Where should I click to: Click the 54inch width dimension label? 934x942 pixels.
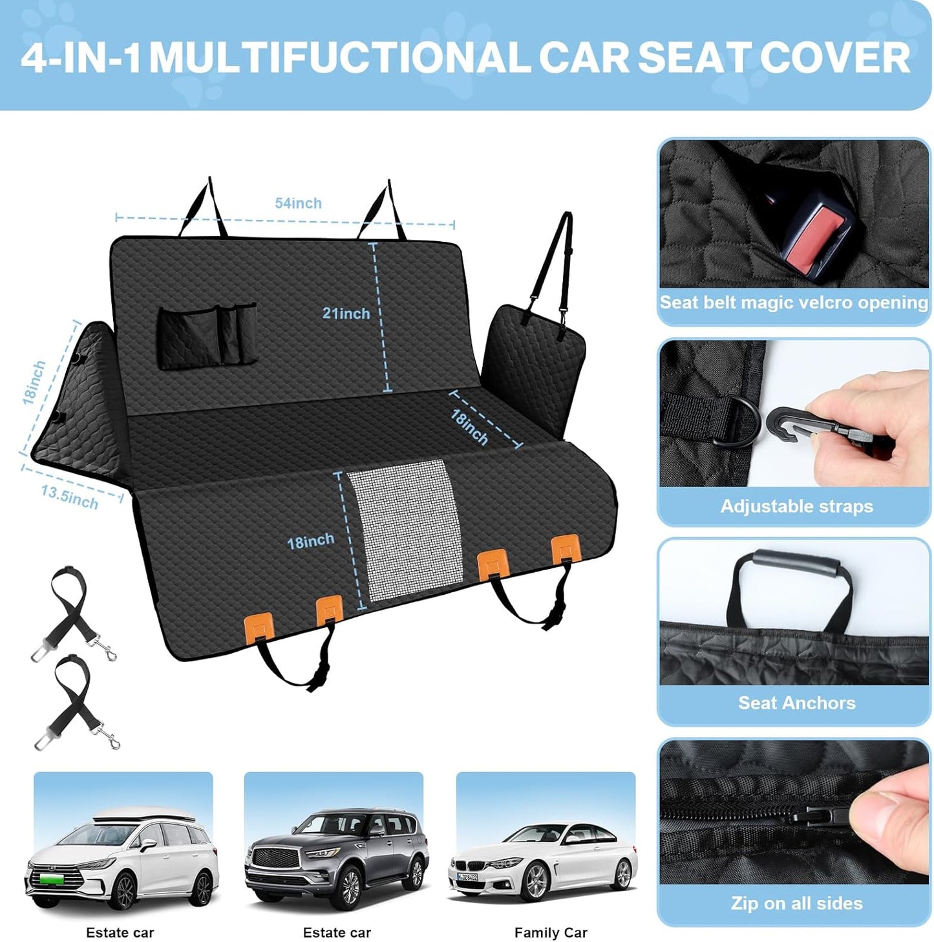(298, 203)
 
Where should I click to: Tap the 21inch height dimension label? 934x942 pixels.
(346, 314)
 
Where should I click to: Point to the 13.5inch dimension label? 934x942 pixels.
(69, 497)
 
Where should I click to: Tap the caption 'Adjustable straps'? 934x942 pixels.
(796, 506)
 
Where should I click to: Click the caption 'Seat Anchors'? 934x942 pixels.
(796, 703)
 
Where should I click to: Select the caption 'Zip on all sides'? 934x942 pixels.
(796, 903)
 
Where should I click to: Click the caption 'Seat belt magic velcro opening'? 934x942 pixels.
(794, 303)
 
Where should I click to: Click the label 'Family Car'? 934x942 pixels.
(551, 932)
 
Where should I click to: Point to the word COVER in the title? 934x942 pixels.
(834, 58)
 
